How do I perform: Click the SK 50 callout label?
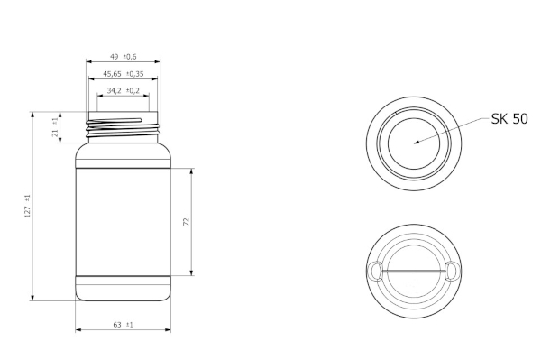pyautogui.click(x=509, y=119)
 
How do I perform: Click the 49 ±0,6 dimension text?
pyautogui.click(x=124, y=57)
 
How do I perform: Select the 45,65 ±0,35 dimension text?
pyautogui.click(x=124, y=74)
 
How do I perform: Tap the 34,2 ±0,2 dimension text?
pyautogui.click(x=124, y=91)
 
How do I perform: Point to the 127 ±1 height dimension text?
pyautogui.click(x=28, y=206)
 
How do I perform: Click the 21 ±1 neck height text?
pyautogui.click(x=55, y=127)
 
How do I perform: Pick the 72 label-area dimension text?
pyautogui.click(x=187, y=222)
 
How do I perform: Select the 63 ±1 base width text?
pyautogui.click(x=124, y=325)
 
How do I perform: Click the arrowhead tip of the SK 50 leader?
pyautogui.click(x=415, y=143)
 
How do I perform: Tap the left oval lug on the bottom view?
pyautogui.click(x=375, y=271)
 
